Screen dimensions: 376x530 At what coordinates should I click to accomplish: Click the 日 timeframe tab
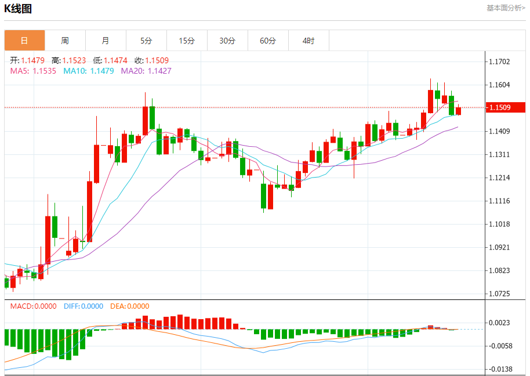coord(24,41)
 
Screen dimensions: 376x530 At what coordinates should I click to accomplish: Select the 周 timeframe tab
coord(65,41)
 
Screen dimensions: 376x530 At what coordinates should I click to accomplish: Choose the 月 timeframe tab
coord(106,41)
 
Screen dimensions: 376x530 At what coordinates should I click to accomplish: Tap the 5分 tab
coord(146,41)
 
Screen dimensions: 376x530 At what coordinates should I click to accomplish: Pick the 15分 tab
coord(187,41)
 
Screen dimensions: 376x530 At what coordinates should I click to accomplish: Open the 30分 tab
coord(227,41)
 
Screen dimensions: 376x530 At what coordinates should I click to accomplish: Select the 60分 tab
coord(268,41)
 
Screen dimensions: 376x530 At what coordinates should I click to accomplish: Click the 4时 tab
coord(308,41)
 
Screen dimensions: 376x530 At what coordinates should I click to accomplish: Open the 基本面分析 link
coord(506,8)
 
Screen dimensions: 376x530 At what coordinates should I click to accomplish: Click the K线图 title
coord(19,9)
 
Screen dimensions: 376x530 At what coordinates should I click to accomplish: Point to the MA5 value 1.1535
coord(45,71)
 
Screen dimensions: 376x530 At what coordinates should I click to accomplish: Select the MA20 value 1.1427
coord(159,71)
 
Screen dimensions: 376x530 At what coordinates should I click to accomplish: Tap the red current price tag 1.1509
coord(505,107)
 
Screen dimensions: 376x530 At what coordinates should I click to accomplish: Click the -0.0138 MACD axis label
coord(502,369)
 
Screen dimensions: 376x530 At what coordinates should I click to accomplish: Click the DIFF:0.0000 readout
coord(83,306)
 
